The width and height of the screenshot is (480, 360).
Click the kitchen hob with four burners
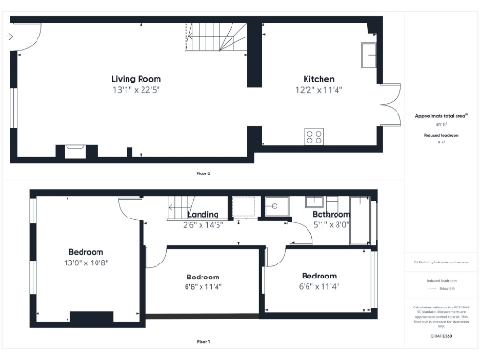point(314,137)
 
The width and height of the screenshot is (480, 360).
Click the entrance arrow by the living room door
point(9,37)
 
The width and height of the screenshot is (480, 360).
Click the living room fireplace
point(74,148)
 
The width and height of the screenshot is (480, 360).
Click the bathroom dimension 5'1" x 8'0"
point(330,225)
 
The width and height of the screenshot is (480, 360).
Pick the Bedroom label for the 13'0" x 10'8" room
point(85,252)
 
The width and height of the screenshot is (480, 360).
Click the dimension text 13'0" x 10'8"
point(85,263)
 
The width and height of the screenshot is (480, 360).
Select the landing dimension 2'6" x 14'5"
point(202,225)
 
